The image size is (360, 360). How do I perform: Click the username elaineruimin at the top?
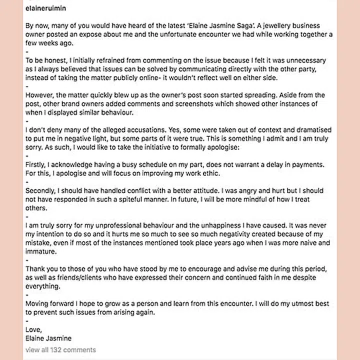45,8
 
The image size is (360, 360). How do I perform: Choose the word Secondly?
42,191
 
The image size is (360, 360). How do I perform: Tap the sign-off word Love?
33,330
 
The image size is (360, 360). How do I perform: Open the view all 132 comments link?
60,349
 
